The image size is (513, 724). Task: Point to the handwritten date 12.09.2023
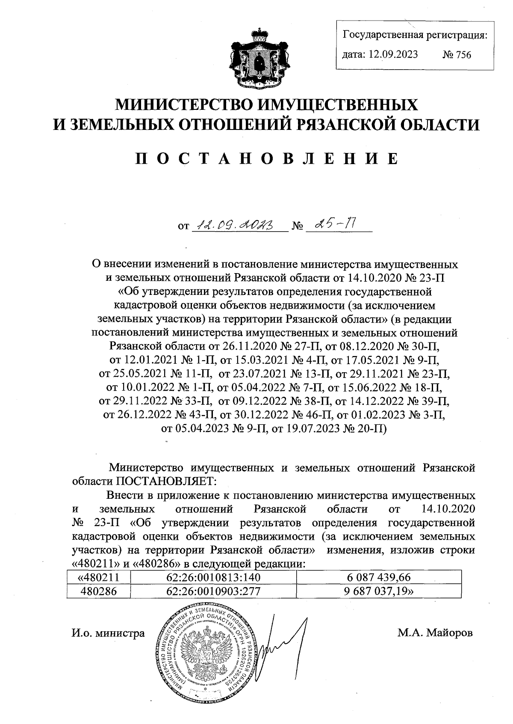[239, 223]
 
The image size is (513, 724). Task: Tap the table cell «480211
[98, 577]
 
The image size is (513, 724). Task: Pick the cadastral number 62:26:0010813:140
[214, 577]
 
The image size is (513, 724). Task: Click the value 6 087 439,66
[379, 577]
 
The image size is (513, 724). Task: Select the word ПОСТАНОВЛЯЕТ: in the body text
[167, 481]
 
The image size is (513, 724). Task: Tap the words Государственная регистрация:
[415, 35]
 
